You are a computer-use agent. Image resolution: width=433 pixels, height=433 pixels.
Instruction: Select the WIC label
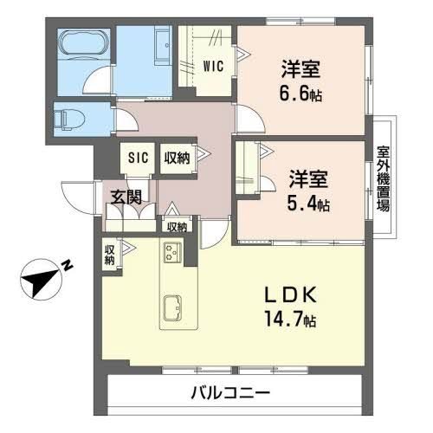[215, 63]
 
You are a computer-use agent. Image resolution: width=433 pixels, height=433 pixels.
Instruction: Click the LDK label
[294, 295]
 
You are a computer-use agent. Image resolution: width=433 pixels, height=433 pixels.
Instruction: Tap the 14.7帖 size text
[291, 320]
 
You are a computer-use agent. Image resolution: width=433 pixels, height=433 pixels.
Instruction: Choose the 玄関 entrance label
[125, 197]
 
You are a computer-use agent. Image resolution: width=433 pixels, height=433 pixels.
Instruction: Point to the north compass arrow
[40, 281]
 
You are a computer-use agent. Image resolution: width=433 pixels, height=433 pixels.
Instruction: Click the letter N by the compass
[67, 266]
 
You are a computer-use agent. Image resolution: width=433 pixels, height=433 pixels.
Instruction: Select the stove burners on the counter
[171, 252]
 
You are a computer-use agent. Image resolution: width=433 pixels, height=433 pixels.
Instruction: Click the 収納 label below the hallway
[177, 226]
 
